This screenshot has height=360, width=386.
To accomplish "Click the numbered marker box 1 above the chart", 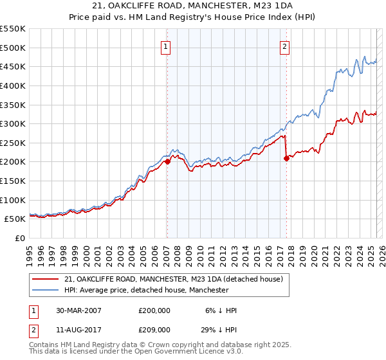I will coord(167,46).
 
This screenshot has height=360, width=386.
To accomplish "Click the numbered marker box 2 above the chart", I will coord(284,46).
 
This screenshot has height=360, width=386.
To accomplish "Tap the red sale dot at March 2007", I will coord(167,162).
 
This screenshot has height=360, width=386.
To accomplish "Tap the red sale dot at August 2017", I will coord(286,159).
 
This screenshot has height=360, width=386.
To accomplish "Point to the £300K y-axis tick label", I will coord(13,123).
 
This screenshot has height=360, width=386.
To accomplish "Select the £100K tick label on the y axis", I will coord(13,200).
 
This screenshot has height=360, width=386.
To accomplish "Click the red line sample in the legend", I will coord(44,279).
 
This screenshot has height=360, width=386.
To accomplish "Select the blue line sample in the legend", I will coord(44,290).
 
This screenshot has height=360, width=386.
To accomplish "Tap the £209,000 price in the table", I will coord(154,328).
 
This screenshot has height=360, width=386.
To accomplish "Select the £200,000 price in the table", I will coord(154,310).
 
